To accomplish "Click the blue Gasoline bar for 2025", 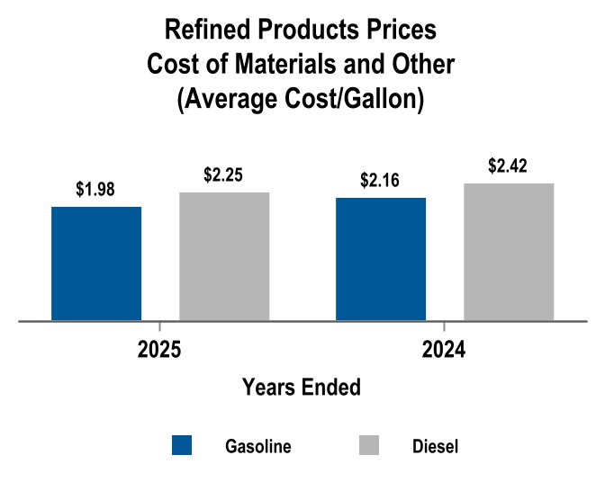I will pos(96,263).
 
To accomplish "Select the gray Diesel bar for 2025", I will pos(224,255).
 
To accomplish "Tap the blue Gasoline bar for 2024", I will pos(381,258).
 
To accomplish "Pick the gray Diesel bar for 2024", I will pos(509,251).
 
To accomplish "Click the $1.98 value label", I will pos(95,190).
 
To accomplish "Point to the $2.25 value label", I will pos(223,175).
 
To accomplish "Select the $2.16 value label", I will pos(380,181).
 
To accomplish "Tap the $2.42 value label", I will pos(508,166).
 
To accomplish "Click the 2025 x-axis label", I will pos(159,351).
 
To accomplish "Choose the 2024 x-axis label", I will pos(444,351).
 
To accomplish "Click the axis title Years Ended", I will pos(302,388).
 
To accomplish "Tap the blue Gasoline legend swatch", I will pos(182,445).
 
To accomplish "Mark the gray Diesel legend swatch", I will pos(369,445).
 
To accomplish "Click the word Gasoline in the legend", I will pos(257,446).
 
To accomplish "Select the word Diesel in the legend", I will pos(435,446).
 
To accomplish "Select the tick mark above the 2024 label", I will pos(444,326).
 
